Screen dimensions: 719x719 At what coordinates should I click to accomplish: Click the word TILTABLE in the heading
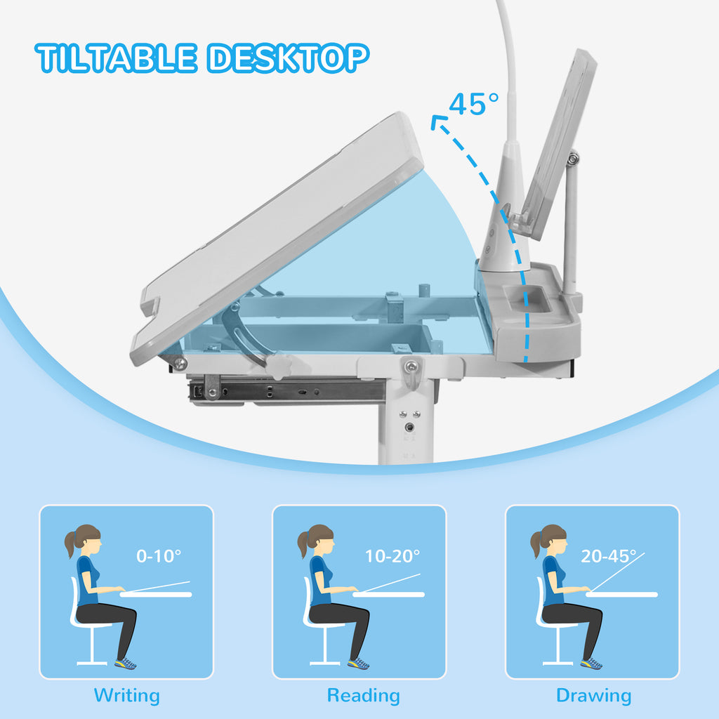tap(116, 58)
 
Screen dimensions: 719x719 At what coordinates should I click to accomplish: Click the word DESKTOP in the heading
tap(288, 58)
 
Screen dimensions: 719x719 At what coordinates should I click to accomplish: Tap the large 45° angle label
tap(473, 104)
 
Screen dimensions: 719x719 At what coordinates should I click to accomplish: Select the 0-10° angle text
tap(159, 556)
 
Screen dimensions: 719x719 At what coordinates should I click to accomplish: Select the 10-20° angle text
tap(392, 556)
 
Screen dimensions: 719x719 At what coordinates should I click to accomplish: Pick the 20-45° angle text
tap(609, 556)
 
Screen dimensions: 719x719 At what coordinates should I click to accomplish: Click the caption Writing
tap(127, 695)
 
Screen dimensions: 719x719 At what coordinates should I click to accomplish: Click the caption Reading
tap(364, 695)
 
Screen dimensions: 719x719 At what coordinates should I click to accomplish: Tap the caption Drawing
tap(594, 695)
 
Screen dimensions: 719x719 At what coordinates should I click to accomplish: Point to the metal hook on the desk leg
tap(411, 374)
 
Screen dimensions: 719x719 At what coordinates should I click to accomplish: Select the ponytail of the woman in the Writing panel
tap(70, 544)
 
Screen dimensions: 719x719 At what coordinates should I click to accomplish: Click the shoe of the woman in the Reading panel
tap(358, 664)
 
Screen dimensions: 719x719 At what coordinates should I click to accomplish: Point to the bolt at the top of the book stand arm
tap(573, 159)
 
